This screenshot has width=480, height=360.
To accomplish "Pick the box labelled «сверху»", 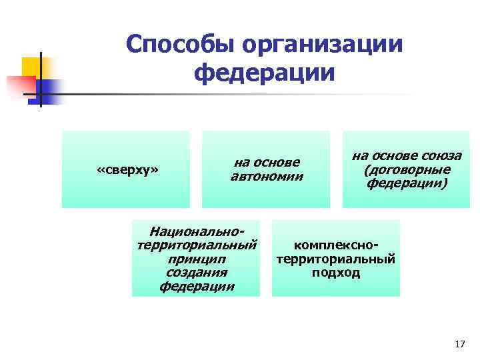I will pos(127,169).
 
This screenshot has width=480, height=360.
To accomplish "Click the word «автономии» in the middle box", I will pos(267,177).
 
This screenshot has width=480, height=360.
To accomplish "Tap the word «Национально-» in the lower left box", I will pos(197,231).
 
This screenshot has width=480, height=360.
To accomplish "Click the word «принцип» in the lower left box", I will pos(197,259).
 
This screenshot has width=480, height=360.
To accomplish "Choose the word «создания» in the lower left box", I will pos(197,273).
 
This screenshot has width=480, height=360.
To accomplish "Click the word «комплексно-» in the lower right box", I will pos(336,245).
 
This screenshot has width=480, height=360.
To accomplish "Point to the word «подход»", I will pos(336,273).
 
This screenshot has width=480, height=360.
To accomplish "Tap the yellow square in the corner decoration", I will pos(32,66).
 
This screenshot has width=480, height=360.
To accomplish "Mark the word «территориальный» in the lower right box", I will pos(336,259).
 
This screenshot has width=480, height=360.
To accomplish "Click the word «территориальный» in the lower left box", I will pos(197,245).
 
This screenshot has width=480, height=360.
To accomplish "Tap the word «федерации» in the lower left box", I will pos(197,287).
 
